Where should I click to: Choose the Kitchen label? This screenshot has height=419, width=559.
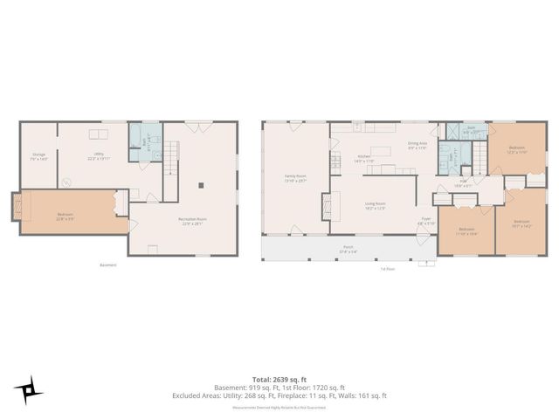364,160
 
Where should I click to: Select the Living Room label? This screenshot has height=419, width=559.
376,205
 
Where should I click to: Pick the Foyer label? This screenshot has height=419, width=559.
424,222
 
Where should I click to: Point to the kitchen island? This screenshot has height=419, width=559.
381,150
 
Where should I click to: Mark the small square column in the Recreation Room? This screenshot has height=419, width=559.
202,185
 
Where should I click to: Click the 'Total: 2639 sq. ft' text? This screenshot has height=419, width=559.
279,380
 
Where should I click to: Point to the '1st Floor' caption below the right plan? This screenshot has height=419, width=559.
389,269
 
